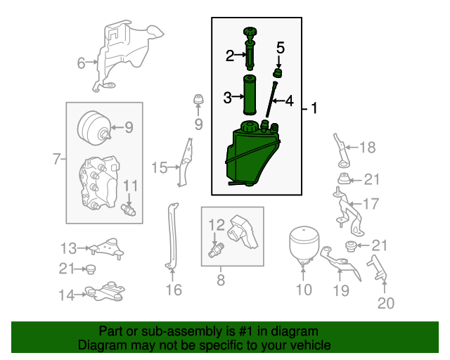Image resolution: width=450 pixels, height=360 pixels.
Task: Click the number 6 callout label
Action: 82,63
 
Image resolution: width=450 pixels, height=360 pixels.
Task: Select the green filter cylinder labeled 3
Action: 250,95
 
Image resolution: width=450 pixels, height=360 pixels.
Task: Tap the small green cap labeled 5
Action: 278,73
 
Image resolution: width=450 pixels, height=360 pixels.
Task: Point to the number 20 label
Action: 386,303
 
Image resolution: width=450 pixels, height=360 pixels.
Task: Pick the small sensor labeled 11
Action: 128,210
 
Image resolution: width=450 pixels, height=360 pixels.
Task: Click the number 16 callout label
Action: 174,290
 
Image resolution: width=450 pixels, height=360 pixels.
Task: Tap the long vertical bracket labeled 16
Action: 172,236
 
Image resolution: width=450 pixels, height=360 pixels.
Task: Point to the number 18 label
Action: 368,148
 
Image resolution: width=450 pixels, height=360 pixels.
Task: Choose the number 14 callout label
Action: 67,295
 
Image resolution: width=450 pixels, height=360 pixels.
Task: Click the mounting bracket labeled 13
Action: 107,248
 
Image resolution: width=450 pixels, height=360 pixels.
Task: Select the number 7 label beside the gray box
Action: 57,158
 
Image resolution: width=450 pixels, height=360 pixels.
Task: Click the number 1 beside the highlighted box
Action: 314,108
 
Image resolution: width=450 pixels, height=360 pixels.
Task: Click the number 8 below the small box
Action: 221,280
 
